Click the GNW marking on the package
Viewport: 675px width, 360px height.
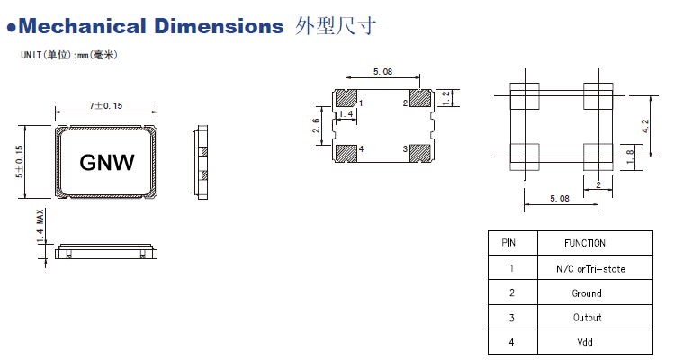[x=107, y=163]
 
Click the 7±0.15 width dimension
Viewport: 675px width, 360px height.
[x=106, y=106]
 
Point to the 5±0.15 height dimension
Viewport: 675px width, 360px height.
[x=20, y=163]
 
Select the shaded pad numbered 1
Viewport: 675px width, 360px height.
[x=345, y=97]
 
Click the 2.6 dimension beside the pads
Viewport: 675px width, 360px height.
[x=317, y=125]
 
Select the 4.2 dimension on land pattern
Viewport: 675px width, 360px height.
[x=643, y=125]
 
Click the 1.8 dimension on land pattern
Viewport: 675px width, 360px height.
[x=630, y=154]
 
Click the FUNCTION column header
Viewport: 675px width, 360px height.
[x=585, y=243]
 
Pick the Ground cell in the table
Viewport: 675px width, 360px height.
[x=585, y=293]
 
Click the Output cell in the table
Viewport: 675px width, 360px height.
[x=585, y=318]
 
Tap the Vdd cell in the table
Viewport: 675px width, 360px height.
[x=585, y=342]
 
